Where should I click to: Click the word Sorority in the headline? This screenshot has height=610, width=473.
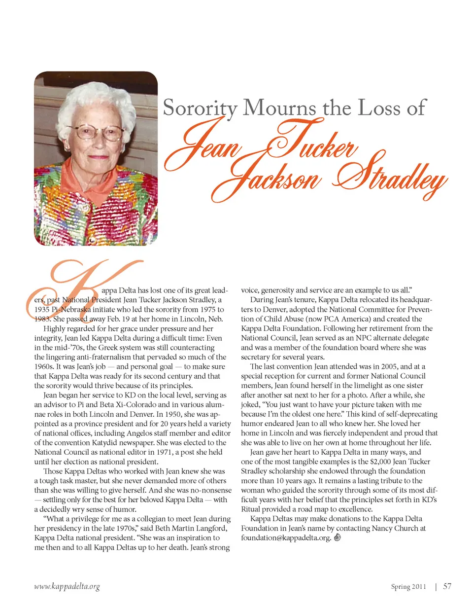[200, 108]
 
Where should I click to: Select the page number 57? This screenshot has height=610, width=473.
[447, 586]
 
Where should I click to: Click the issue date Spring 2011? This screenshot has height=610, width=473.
[408, 587]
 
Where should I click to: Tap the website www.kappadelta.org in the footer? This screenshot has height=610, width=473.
[67, 586]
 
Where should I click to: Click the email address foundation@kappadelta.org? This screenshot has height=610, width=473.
[286, 538]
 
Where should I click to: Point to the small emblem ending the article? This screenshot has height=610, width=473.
[338, 538]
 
